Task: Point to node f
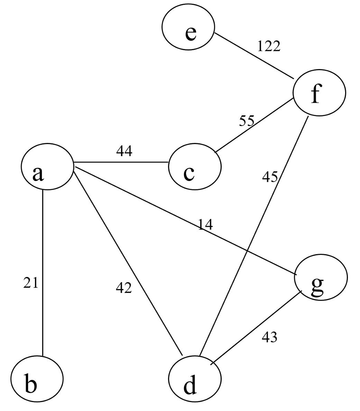click(x=319, y=92)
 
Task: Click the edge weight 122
click(x=268, y=47)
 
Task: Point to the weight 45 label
click(x=270, y=176)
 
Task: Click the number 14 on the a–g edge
click(x=205, y=225)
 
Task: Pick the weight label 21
click(x=31, y=283)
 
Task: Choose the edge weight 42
click(x=123, y=288)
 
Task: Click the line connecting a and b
click(x=43, y=273)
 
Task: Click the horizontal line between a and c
click(x=121, y=163)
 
